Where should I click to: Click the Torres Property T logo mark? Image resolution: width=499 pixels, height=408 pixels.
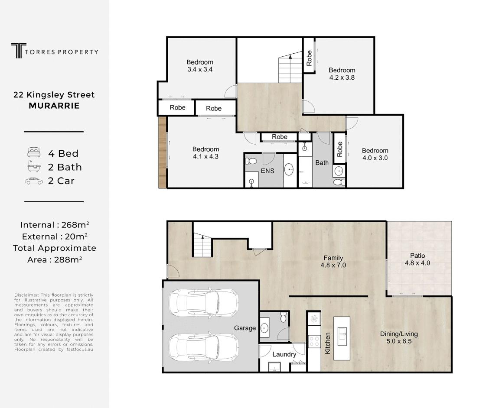(19, 51)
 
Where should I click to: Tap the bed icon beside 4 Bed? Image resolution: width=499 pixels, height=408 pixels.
(34, 152)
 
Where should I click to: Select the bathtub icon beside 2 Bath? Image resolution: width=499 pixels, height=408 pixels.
(34, 166)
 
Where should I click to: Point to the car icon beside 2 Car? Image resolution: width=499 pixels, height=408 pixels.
(34, 181)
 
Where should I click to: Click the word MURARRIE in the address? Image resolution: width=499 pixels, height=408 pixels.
(54, 106)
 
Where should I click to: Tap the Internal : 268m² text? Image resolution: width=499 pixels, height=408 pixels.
(55, 225)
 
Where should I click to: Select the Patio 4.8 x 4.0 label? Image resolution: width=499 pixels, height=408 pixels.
(417, 259)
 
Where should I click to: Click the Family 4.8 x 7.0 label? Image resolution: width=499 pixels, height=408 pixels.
(333, 262)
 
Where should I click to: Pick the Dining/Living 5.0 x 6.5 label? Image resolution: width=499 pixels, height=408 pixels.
(399, 337)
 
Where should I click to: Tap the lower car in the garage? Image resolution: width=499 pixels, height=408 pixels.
(204, 347)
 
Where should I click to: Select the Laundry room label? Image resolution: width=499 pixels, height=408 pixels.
(284, 354)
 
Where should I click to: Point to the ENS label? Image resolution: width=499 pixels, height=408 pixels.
(267, 171)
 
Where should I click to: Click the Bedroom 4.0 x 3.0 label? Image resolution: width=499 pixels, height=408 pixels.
(375, 154)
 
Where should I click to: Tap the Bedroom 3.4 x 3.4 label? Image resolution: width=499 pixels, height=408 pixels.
(200, 65)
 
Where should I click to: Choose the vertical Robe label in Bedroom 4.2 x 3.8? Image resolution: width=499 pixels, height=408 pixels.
(309, 58)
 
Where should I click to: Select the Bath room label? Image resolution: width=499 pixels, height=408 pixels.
(322, 163)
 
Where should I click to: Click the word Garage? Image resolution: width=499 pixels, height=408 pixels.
(245, 328)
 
